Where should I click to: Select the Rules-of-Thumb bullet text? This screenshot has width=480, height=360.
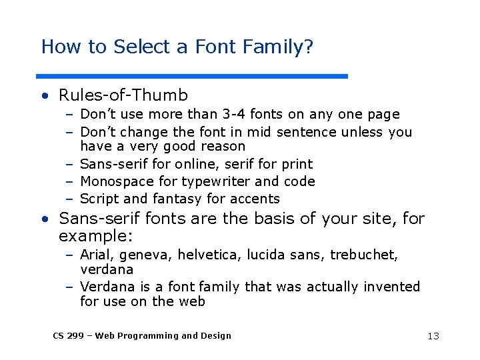pyautogui.click(x=123, y=96)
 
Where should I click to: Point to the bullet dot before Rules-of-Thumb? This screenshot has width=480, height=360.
pyautogui.click(x=44, y=97)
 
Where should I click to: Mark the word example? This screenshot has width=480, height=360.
pyautogui.click(x=96, y=237)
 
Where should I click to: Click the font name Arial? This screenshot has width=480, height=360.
pyautogui.click(x=96, y=255)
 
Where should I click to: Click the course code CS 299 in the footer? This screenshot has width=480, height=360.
pyautogui.click(x=68, y=336)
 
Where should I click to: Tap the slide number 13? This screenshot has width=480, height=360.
pyautogui.click(x=433, y=336)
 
